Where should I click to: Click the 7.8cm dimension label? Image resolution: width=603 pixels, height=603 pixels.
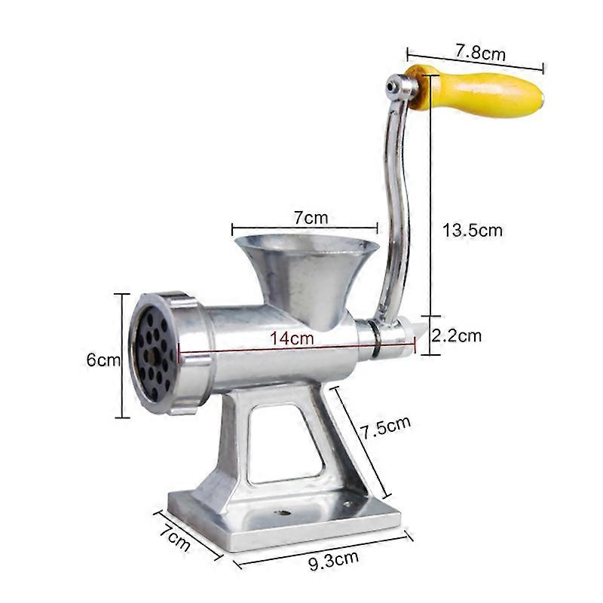coord(479,53)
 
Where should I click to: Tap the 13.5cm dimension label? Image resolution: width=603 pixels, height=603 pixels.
coord(472,230)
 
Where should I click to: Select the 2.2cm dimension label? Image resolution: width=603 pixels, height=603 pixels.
coord(457,335)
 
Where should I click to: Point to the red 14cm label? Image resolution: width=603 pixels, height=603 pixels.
coord(292,339)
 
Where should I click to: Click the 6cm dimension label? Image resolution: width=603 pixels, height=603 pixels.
coord(103,360)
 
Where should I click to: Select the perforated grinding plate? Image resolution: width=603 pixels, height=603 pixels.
coord(154,353)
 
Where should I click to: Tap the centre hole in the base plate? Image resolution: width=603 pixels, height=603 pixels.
coord(283,513)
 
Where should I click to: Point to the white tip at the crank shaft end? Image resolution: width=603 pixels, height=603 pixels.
coord(406,329)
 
